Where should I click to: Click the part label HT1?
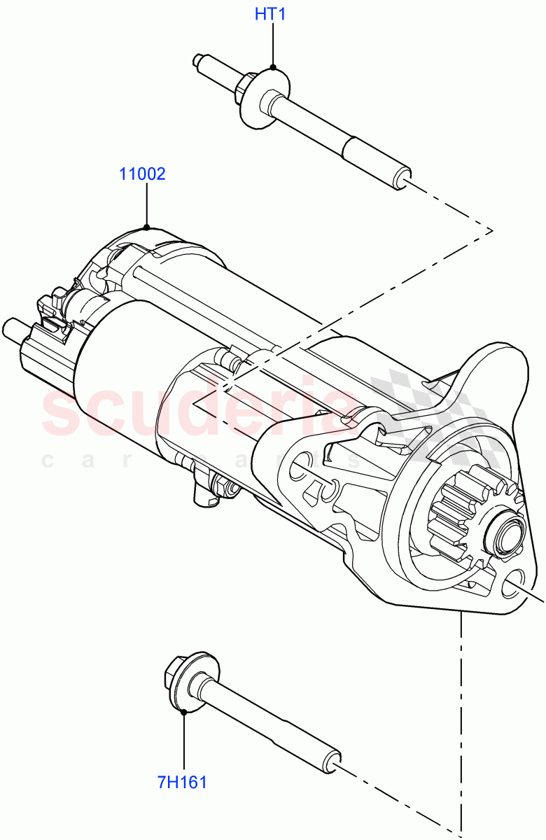269,14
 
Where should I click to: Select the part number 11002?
142,174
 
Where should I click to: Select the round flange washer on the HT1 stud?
264,97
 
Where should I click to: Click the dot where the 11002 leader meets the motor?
146,227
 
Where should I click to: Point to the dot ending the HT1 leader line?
272,67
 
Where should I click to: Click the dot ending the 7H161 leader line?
183,712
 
